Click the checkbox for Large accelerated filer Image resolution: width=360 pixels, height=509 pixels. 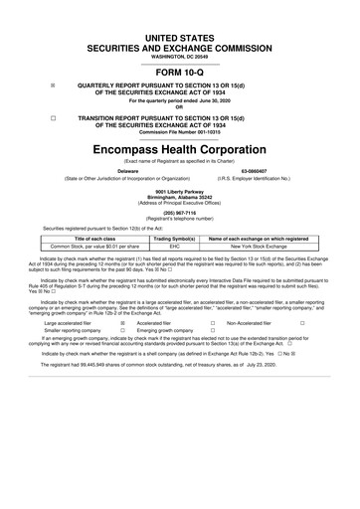121,323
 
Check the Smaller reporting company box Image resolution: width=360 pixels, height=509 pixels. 121,331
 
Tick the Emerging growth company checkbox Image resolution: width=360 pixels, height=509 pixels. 213,331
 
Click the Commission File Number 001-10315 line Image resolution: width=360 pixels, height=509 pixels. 180,133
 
